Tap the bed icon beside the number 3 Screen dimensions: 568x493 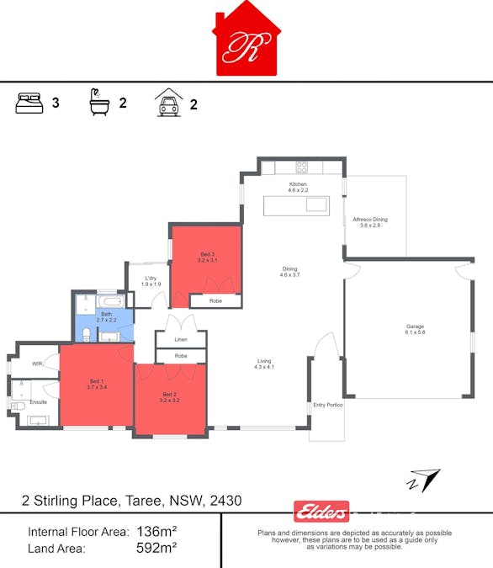29,104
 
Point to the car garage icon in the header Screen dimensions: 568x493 168,103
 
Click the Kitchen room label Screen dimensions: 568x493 299,183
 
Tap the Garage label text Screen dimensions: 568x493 416,326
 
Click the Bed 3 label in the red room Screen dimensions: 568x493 208,254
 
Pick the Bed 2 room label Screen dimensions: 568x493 169,394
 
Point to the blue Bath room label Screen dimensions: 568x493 106,314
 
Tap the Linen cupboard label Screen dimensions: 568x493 181,339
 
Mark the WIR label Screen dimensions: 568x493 37,364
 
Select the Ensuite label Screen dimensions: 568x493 39,401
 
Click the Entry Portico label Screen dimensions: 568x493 328,406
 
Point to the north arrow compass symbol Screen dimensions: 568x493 425,480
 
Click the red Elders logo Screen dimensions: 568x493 321,511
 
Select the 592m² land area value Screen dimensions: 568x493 156,548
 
